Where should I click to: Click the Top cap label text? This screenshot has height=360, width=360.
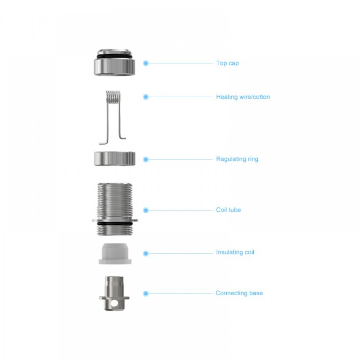point(227,63)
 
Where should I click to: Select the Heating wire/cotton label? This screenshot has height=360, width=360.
point(243,97)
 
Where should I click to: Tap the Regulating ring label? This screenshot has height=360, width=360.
point(237,159)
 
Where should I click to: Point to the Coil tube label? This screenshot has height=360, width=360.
point(229,210)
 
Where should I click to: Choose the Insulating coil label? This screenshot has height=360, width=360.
point(235,252)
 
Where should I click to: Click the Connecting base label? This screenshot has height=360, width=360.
point(239,293)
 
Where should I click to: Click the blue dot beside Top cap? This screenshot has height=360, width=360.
point(146,63)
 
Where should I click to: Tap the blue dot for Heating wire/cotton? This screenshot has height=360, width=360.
point(146,97)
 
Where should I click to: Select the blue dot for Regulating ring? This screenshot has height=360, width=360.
point(146,159)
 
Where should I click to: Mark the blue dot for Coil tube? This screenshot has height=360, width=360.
point(146,210)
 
